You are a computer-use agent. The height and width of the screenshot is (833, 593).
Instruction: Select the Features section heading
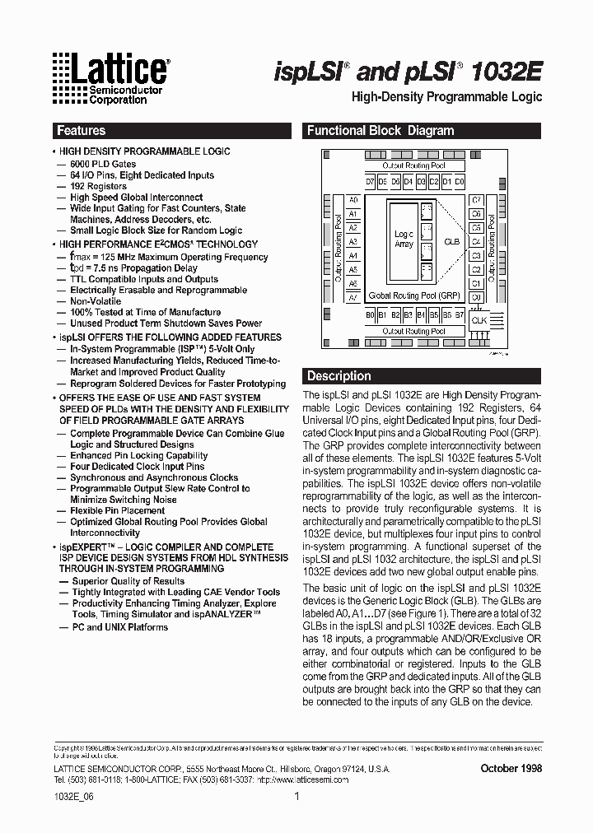click(81, 131)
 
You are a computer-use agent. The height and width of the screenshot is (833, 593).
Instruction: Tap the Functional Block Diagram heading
click(381, 131)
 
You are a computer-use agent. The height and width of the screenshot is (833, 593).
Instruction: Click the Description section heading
click(339, 376)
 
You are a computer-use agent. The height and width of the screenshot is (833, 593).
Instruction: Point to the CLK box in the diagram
click(479, 320)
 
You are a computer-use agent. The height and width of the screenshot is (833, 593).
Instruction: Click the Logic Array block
click(404, 239)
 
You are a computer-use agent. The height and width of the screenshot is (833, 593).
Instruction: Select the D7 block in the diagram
click(370, 181)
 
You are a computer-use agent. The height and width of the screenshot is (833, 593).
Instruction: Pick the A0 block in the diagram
click(353, 200)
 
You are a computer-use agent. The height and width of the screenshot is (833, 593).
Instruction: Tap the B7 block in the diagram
click(459, 314)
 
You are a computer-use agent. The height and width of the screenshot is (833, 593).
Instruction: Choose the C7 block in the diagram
click(476, 200)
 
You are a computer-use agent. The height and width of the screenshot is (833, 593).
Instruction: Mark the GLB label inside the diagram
click(451, 242)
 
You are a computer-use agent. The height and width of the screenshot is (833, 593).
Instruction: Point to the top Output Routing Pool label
click(414, 166)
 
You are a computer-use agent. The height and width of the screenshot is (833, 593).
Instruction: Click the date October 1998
click(511, 768)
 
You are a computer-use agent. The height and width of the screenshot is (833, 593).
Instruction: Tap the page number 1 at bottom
click(296, 797)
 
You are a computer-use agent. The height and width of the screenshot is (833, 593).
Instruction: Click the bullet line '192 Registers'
click(99, 187)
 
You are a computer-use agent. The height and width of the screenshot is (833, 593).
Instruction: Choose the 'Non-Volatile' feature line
click(96, 301)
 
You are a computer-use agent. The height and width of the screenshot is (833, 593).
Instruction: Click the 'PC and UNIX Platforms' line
click(119, 627)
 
